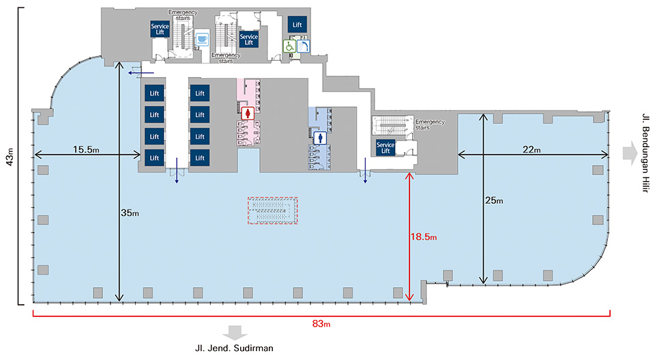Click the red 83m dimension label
click(321, 324)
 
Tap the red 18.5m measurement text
click(424, 237)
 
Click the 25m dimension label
click(496, 200)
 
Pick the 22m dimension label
click(532, 150)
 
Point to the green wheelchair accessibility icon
click(289, 46)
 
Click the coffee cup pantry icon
click(202, 40)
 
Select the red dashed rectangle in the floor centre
click(273, 211)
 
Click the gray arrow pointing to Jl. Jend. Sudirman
click(236, 332)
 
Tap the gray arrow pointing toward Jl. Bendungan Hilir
click(628, 151)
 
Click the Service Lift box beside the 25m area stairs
click(386, 148)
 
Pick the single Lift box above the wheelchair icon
click(297, 25)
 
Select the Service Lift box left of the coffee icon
click(159, 30)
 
